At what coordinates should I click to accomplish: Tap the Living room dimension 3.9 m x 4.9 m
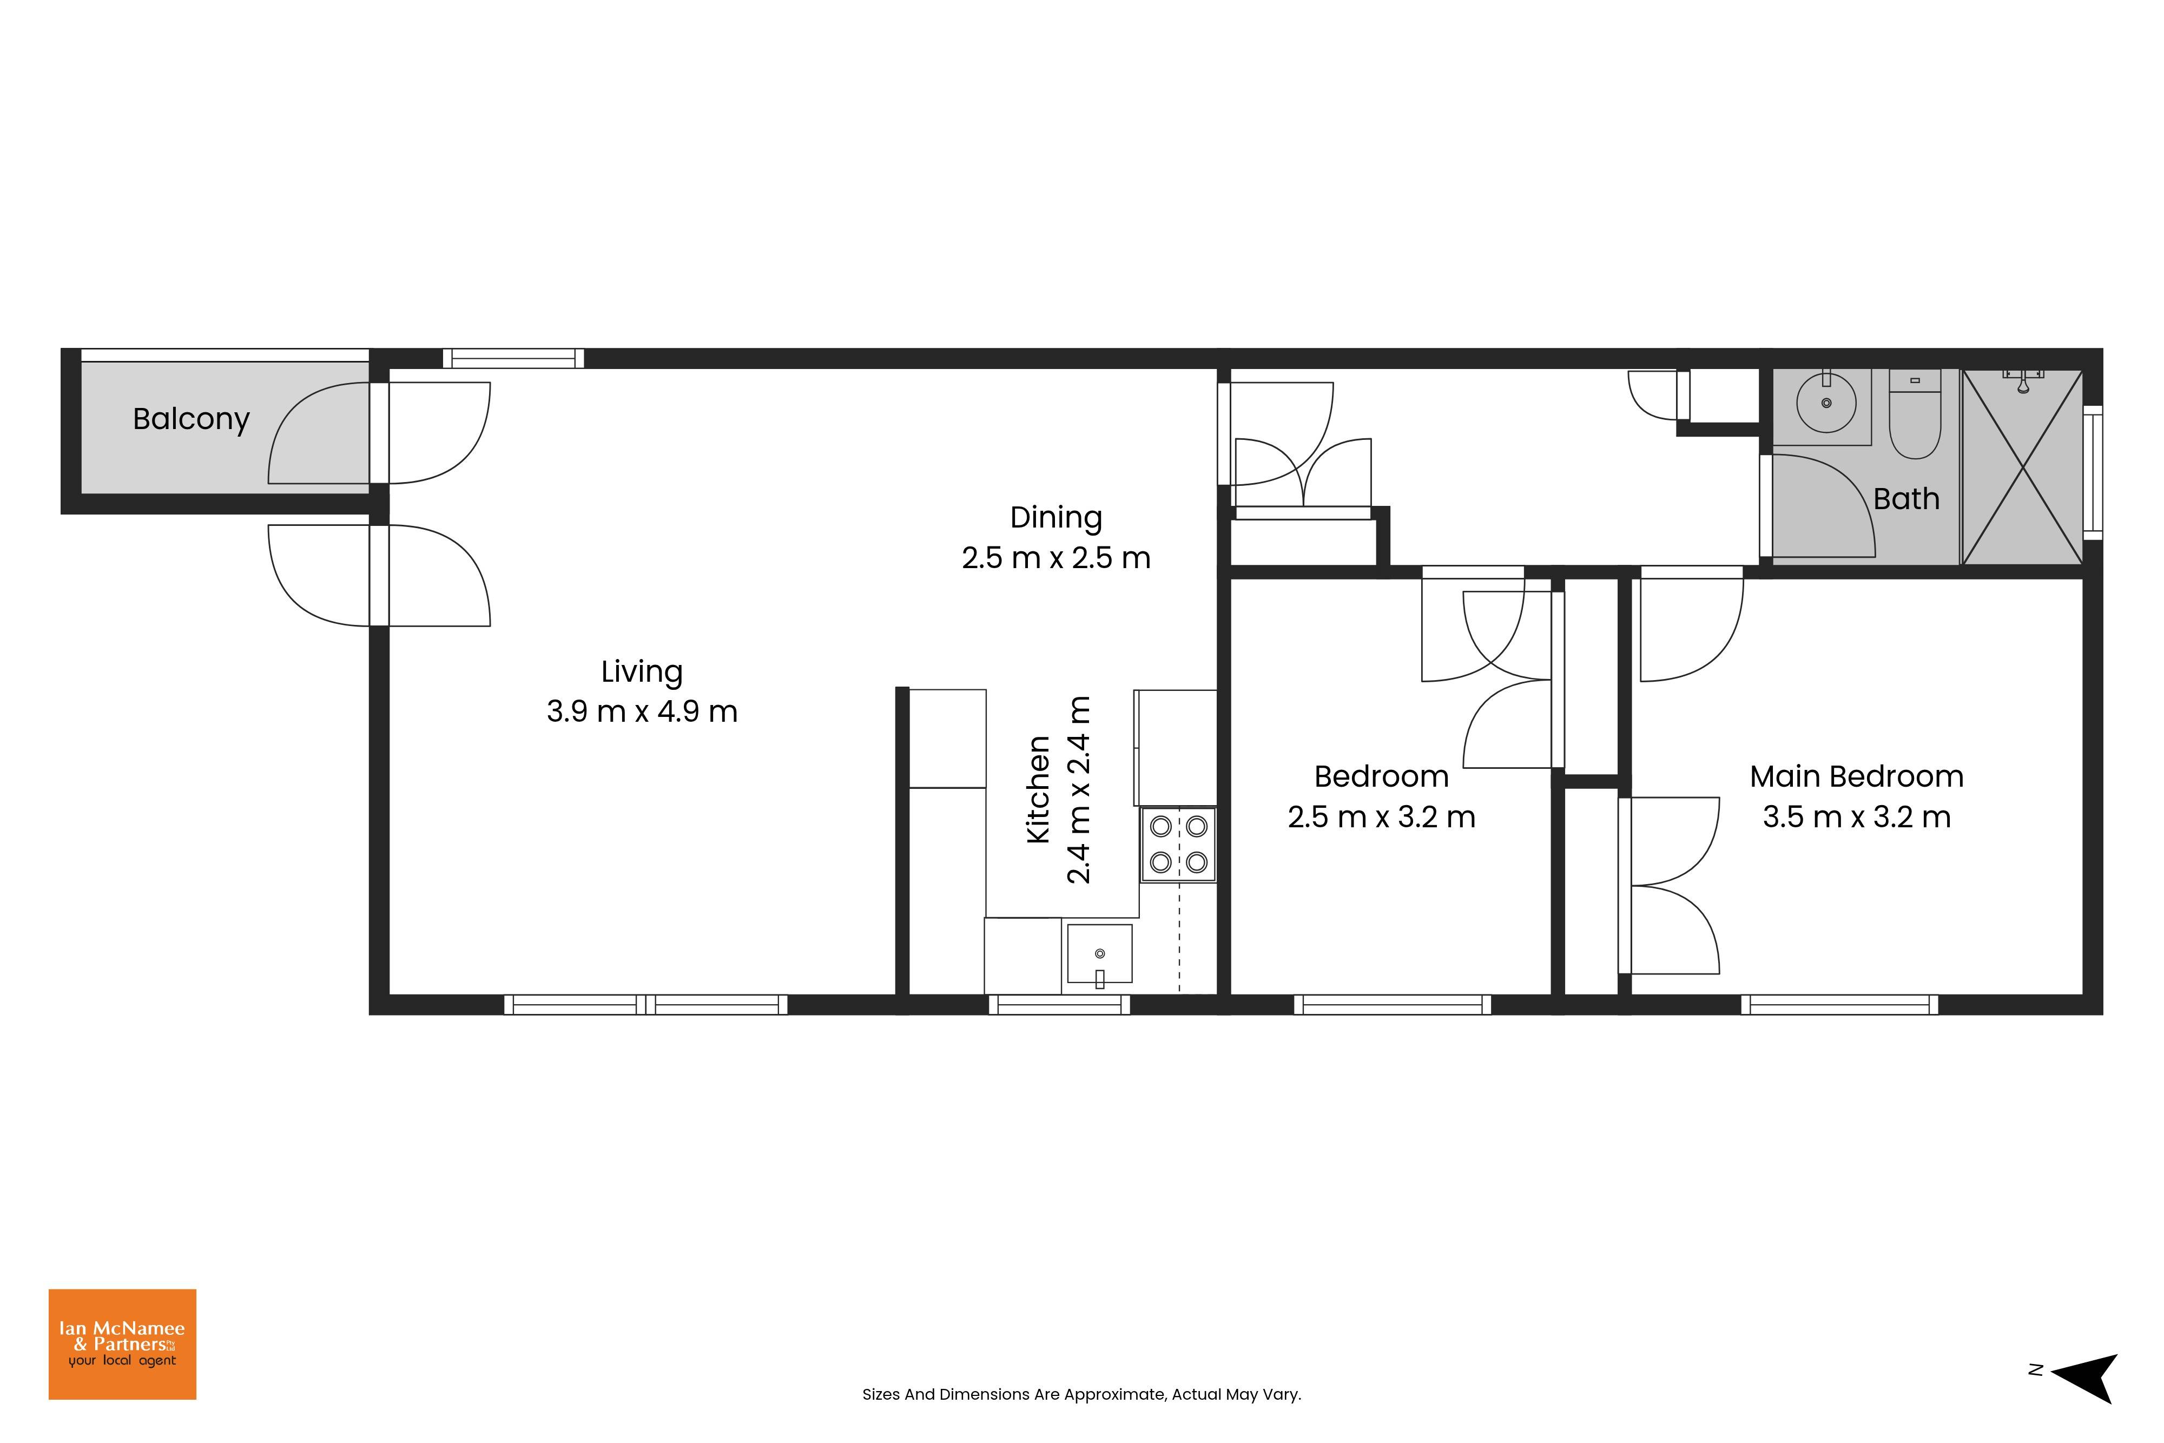(x=642, y=711)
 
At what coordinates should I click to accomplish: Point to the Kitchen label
(x=1038, y=789)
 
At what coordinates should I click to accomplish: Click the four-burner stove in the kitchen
(x=1179, y=845)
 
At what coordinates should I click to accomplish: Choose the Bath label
(x=1906, y=499)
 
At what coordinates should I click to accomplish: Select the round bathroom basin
(x=1826, y=403)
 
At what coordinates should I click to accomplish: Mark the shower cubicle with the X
(x=2023, y=467)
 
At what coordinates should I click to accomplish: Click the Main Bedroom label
(x=1857, y=777)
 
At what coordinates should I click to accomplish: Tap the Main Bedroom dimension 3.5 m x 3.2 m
(x=1857, y=817)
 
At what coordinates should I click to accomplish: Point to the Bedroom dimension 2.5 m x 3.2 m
(x=1381, y=817)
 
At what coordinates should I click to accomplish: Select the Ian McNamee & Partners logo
(x=122, y=1345)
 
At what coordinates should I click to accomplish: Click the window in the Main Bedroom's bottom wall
(x=1839, y=1005)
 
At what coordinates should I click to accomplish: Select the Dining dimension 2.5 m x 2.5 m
(x=1056, y=558)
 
